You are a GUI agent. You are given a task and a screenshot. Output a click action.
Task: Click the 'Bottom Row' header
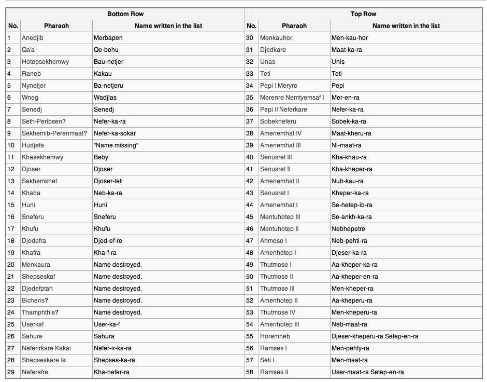pyautogui.click(x=125, y=14)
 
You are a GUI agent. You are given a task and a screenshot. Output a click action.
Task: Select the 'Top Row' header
pyautogui.click(x=363, y=14)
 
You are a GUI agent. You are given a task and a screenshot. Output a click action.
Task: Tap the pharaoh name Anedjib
pyautogui.click(x=33, y=38)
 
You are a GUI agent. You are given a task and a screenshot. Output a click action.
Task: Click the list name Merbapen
pyautogui.click(x=108, y=38)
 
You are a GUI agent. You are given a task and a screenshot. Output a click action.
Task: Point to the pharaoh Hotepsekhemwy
pyautogui.click(x=45, y=62)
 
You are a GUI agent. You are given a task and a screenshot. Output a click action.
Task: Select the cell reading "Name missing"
pyautogui.click(x=116, y=145)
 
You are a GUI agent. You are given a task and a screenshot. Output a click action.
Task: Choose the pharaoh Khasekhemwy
pyautogui.click(x=42, y=157)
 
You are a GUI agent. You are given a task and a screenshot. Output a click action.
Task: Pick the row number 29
pyautogui.click(x=10, y=372)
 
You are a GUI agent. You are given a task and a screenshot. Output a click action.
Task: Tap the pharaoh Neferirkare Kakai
pyautogui.click(x=46, y=348)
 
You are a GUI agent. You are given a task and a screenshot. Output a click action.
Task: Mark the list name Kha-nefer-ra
pyautogui.click(x=111, y=372)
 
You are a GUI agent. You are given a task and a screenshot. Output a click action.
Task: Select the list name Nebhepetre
pyautogui.click(x=348, y=229)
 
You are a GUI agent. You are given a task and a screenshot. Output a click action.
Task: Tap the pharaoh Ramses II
pyautogui.click(x=274, y=372)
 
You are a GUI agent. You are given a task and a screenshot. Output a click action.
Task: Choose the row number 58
pyautogui.click(x=250, y=372)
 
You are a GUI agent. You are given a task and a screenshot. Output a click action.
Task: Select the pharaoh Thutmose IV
pyautogui.click(x=278, y=312)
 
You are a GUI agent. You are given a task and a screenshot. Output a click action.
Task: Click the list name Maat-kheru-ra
pyautogui.click(x=351, y=133)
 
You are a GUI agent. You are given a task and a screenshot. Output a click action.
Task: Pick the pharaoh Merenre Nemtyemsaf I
pyautogui.click(x=292, y=98)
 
